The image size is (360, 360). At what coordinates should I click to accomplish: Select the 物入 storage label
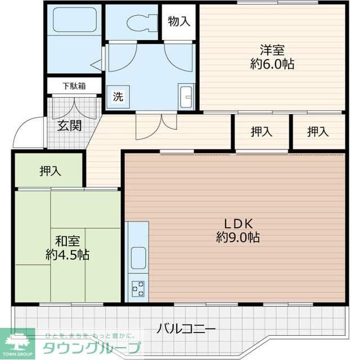point(179,22)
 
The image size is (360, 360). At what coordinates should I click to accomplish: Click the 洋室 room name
point(272,49)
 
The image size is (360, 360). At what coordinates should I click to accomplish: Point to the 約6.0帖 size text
point(272,64)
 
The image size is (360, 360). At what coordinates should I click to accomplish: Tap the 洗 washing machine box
point(118,96)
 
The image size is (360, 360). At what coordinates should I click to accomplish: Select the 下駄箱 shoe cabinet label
point(74,86)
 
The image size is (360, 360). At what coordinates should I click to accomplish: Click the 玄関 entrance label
point(69,124)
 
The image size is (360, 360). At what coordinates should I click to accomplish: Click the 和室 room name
point(67,241)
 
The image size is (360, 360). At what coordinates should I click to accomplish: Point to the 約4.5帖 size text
point(67,255)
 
